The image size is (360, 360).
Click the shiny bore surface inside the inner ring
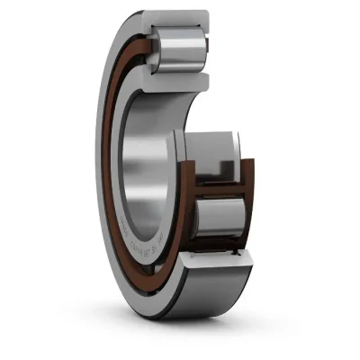point(153,153)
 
